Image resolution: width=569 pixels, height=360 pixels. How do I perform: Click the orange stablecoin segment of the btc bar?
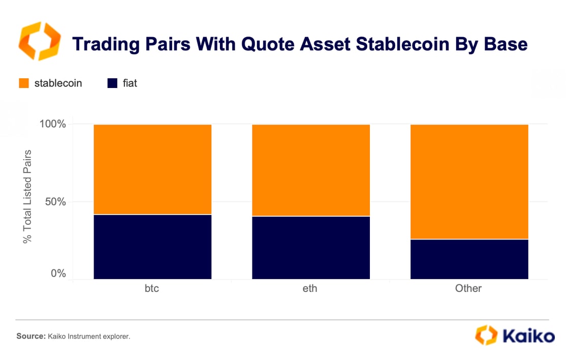(152, 169)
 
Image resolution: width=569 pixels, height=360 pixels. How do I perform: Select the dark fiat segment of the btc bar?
(152, 247)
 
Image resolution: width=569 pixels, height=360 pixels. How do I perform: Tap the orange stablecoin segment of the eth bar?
(311, 170)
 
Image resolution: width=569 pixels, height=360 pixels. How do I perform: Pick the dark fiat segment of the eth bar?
(311, 248)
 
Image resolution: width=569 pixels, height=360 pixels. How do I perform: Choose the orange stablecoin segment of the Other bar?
(469, 182)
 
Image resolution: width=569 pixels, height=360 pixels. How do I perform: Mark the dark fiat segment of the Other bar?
(469, 259)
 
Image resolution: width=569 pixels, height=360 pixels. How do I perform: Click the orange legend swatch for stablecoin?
(24, 83)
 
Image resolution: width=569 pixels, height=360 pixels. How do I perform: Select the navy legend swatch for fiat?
(112, 83)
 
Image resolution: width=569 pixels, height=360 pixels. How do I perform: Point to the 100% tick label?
(53, 124)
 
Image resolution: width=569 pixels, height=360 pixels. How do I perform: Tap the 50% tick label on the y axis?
(55, 202)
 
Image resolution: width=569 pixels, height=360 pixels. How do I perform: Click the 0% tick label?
(58, 273)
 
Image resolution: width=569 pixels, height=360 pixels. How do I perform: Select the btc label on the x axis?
(152, 288)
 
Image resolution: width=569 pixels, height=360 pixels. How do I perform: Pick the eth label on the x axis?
(310, 288)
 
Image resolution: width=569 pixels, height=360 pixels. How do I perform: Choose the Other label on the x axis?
(468, 288)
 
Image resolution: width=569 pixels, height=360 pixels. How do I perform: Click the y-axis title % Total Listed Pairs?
(27, 197)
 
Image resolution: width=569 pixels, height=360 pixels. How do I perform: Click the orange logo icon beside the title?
(40, 41)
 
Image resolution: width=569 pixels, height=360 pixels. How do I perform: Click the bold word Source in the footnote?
(31, 336)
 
